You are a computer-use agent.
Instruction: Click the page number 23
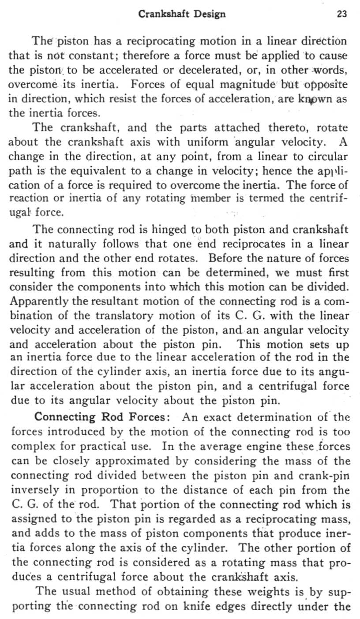(342, 14)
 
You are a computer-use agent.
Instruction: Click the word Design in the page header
(208, 14)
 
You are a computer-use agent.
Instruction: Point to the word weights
(237, 591)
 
